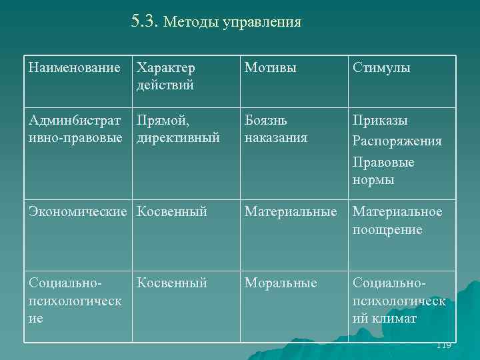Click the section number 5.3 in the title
[144, 21]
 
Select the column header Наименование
[75, 68]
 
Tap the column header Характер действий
[165, 76]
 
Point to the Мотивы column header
[271, 68]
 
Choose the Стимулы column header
[381, 68]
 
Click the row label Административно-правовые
[75, 129]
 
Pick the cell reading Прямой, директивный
[178, 129]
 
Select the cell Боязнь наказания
[276, 129]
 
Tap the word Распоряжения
[397, 142]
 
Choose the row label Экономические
[77, 212]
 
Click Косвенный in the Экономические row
[172, 212]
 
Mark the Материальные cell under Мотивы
[291, 212]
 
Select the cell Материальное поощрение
[397, 221]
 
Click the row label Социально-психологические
[75, 301]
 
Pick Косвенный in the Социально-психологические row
[172, 283]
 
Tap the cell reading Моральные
[281, 283]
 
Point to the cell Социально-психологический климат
[399, 301]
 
